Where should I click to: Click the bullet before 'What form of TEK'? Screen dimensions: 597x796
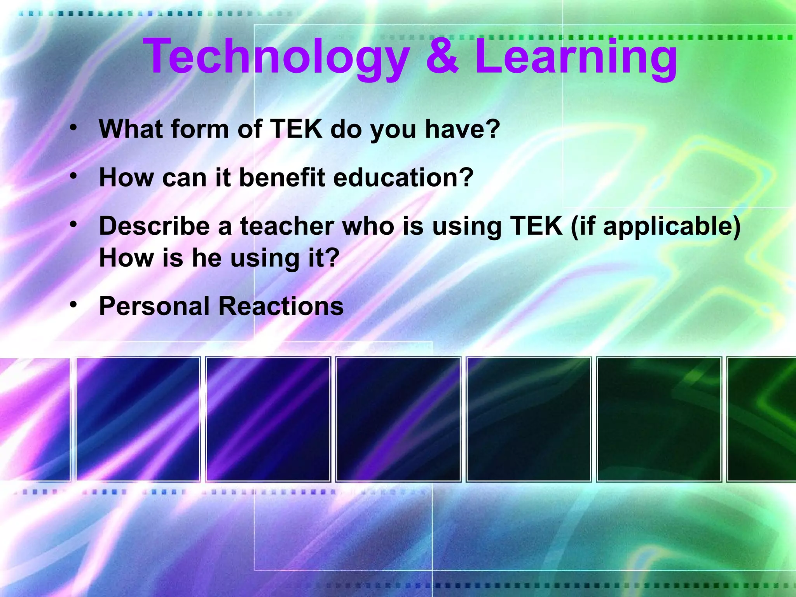[x=73, y=127]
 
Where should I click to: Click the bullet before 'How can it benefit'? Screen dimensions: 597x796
[x=73, y=176]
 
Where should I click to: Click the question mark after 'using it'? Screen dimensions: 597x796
[x=332, y=258]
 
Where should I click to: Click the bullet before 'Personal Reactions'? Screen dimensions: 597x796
[x=73, y=305]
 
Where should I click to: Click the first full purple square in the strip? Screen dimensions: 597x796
[x=138, y=419]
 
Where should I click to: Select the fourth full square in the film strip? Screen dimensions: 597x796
[x=528, y=419]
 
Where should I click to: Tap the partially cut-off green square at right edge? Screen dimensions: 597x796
[x=762, y=419]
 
